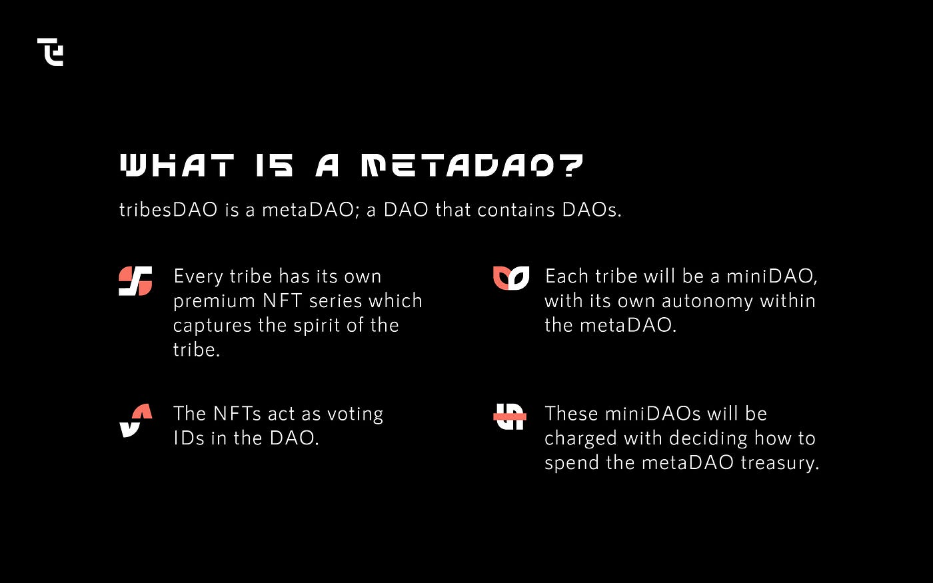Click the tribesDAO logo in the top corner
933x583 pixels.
[51, 52]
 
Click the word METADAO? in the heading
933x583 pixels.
[472, 165]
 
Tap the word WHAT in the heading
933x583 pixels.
[177, 165]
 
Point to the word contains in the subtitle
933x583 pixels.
[516, 209]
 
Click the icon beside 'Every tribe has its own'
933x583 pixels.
[135, 281]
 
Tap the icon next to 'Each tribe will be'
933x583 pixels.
[511, 278]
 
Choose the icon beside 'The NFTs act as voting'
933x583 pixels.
[136, 420]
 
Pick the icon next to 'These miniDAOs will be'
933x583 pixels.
[510, 416]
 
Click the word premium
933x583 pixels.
[214, 301]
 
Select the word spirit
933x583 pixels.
[317, 325]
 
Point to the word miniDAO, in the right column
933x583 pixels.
[772, 277]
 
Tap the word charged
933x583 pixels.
[580, 439]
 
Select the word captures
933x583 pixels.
[213, 326]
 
